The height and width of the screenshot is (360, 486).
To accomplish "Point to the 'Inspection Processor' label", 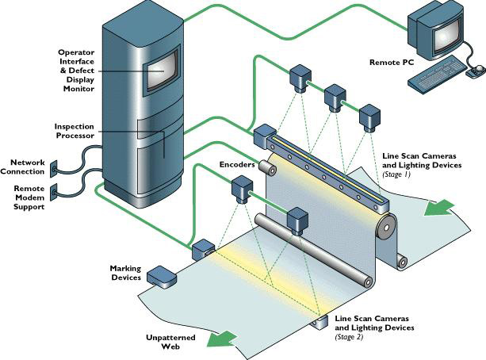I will point(75,131).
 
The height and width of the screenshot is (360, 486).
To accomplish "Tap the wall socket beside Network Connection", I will point(55,167).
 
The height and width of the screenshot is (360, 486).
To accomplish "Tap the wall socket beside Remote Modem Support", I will point(55,192).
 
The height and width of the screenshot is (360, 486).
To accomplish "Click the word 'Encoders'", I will point(236,165).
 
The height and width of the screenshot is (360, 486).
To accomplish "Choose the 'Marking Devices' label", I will point(125,274).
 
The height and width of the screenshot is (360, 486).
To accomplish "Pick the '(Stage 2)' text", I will point(350,336).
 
